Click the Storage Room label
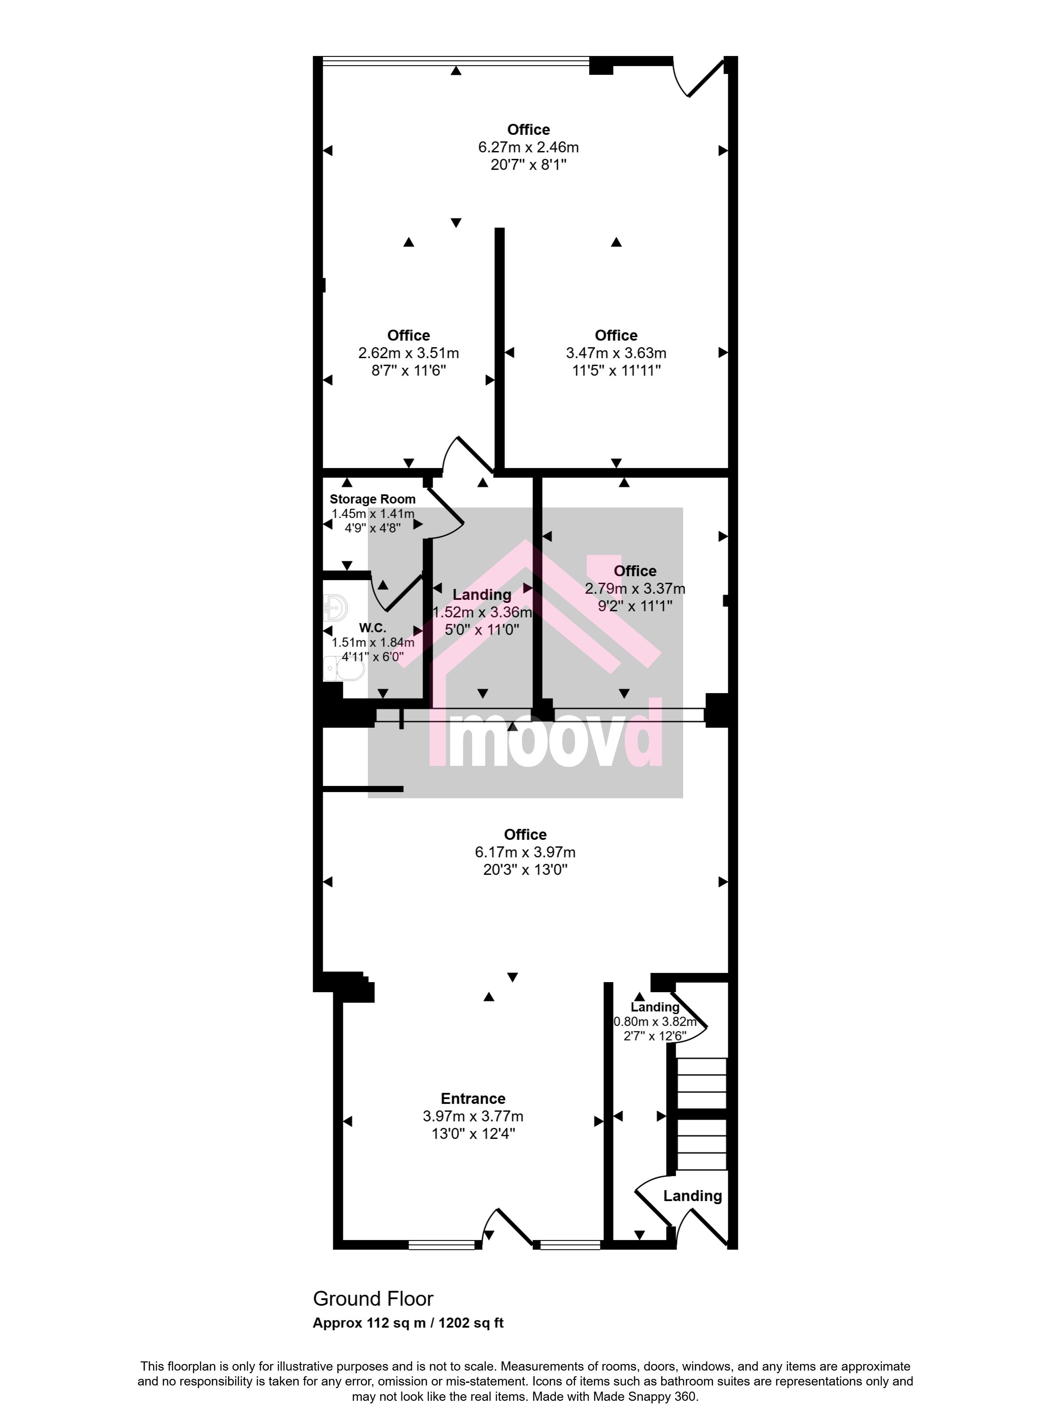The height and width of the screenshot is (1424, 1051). pyautogui.click(x=372, y=499)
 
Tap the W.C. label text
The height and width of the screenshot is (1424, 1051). pyautogui.click(x=372, y=628)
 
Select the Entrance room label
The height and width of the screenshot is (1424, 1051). pyautogui.click(x=473, y=1098)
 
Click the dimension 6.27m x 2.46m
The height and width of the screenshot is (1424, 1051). pyautogui.click(x=529, y=148)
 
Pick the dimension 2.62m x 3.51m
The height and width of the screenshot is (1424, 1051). pyautogui.click(x=409, y=353)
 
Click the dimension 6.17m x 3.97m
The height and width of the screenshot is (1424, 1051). pyautogui.click(x=525, y=852)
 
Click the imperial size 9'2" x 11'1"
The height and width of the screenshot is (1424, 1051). pyautogui.click(x=635, y=606)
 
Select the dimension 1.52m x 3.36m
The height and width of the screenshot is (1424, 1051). pyautogui.click(x=482, y=613)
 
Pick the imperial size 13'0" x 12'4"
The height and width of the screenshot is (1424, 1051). pyautogui.click(x=473, y=1134)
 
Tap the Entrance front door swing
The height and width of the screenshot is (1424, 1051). pyautogui.click(x=507, y=1227)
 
